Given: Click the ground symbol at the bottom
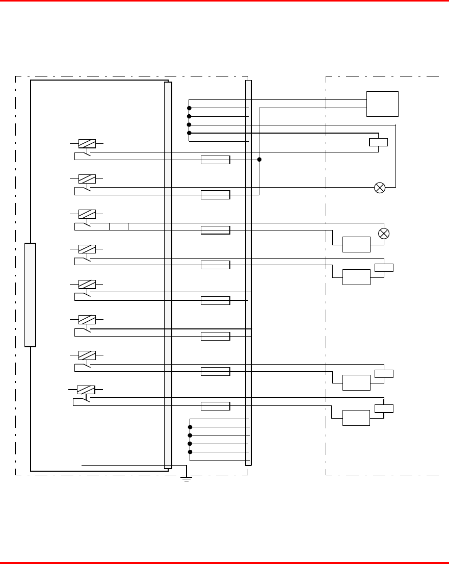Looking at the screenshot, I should [x=187, y=478].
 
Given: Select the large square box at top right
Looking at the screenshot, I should [x=382, y=104].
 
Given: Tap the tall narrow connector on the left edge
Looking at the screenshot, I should [x=30, y=295].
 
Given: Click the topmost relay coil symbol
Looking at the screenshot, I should [x=87, y=144].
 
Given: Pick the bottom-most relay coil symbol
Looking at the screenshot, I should [x=86, y=390].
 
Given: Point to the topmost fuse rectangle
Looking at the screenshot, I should [x=215, y=160].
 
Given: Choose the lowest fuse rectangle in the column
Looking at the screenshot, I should [x=215, y=406].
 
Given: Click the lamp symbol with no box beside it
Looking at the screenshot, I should [x=380, y=187].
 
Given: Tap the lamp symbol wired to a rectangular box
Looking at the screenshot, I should [x=384, y=233].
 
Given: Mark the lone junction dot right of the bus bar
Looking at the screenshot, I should [x=259, y=160].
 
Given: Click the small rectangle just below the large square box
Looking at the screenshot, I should [x=378, y=142].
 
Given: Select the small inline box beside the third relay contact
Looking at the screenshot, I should [x=119, y=226].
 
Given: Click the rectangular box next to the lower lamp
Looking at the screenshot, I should [x=356, y=244].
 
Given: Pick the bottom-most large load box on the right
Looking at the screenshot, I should [x=356, y=417].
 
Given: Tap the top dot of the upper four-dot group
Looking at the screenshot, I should [x=189, y=108].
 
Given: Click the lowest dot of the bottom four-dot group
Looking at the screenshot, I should [x=190, y=452].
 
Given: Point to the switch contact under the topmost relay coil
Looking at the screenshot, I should [x=83, y=153].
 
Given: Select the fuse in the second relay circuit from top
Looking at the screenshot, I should [x=215, y=194].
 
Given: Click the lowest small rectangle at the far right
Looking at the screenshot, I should [x=384, y=408].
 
